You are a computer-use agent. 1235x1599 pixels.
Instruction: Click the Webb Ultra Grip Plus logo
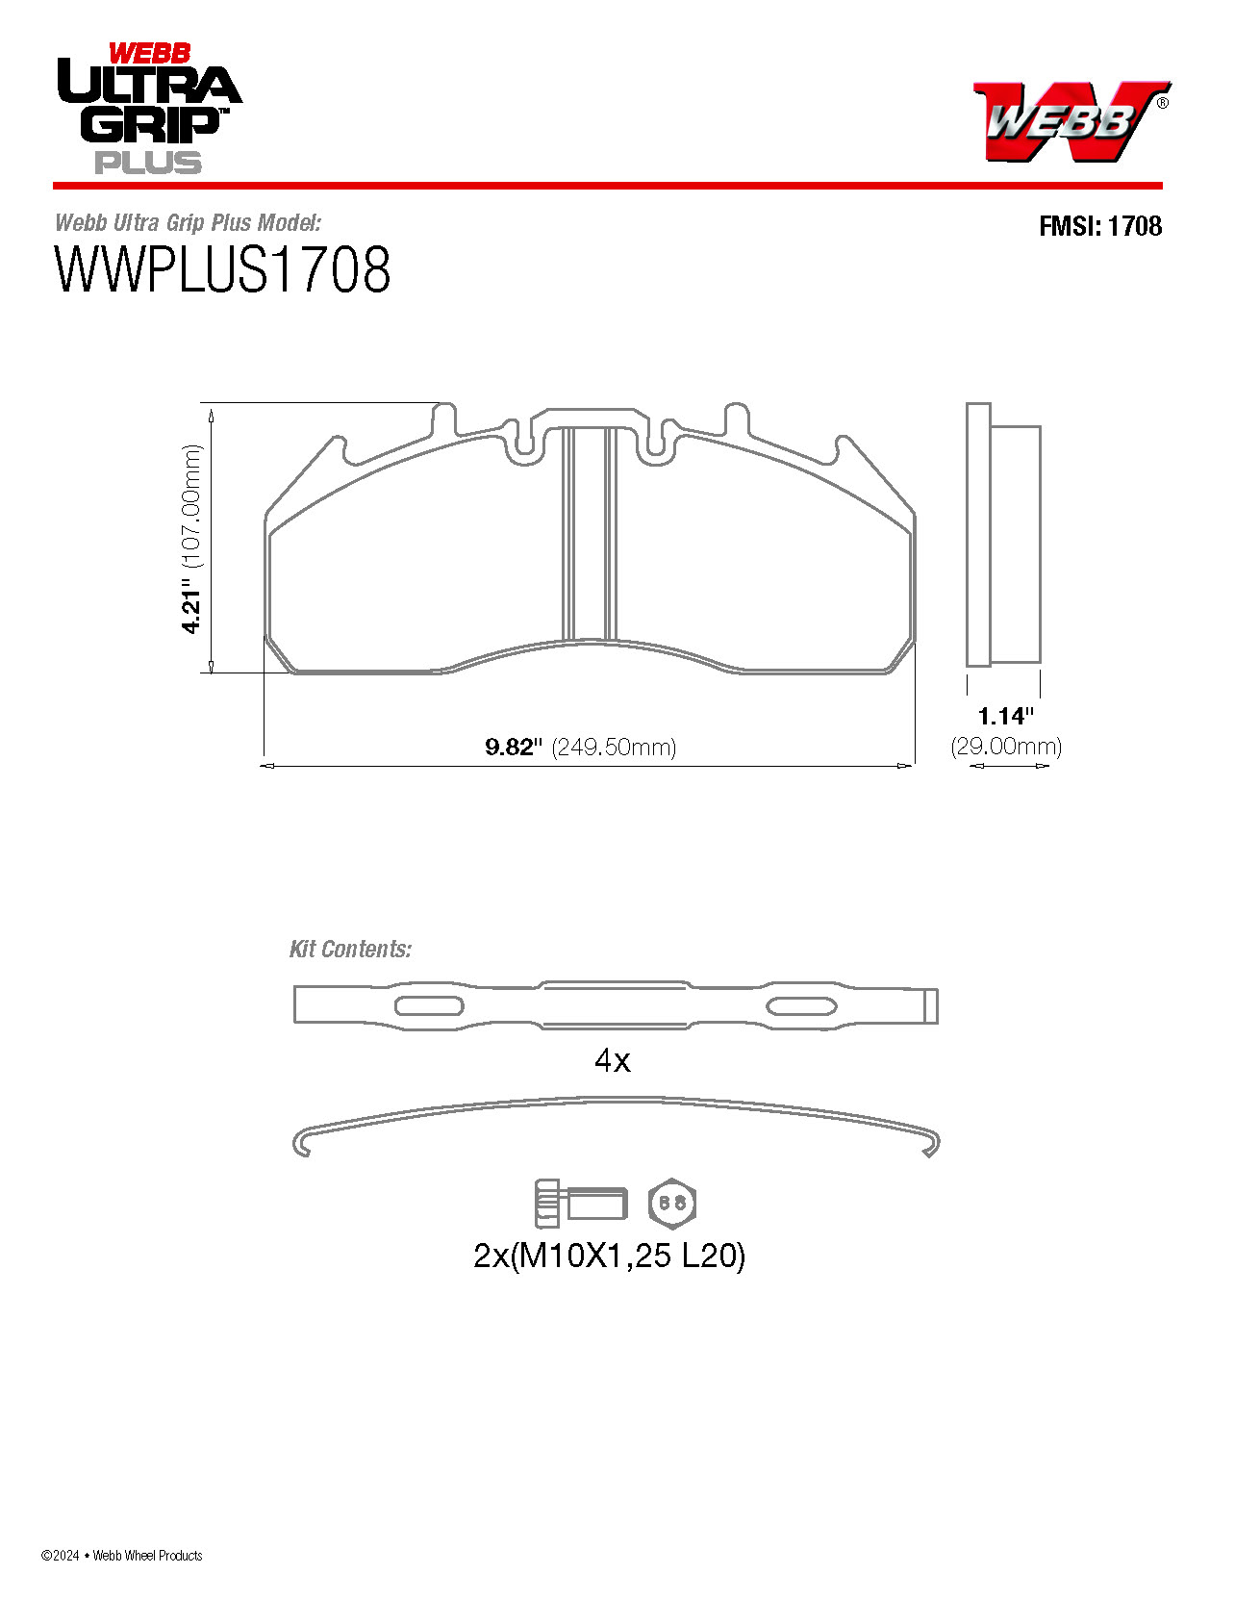pos(148,109)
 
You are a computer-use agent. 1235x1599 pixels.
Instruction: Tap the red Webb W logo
pos(1070,120)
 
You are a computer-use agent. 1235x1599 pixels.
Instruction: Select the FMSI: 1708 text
pos(1099,226)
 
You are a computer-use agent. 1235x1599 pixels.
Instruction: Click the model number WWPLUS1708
pos(222,270)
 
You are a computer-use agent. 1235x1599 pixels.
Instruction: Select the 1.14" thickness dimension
pos(1005,716)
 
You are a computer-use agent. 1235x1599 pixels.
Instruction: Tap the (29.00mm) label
pos(1006,746)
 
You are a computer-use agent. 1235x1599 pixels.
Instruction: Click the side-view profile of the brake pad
pos(1003,534)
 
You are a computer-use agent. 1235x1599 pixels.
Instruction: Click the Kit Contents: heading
pos(350,949)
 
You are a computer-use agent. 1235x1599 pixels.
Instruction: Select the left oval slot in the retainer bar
pos(429,1006)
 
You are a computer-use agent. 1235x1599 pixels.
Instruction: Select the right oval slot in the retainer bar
pos(800,1006)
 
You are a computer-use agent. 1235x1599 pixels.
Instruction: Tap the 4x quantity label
pos(613,1060)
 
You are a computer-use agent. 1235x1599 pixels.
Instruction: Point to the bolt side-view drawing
pos(580,1203)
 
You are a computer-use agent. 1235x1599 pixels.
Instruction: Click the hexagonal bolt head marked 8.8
pos(672,1203)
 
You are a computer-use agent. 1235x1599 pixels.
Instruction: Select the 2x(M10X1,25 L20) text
pos(610,1256)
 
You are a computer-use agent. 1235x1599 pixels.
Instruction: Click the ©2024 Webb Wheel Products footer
pos(122,1555)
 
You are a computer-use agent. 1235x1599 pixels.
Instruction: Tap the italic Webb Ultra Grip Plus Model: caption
pos(188,223)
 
